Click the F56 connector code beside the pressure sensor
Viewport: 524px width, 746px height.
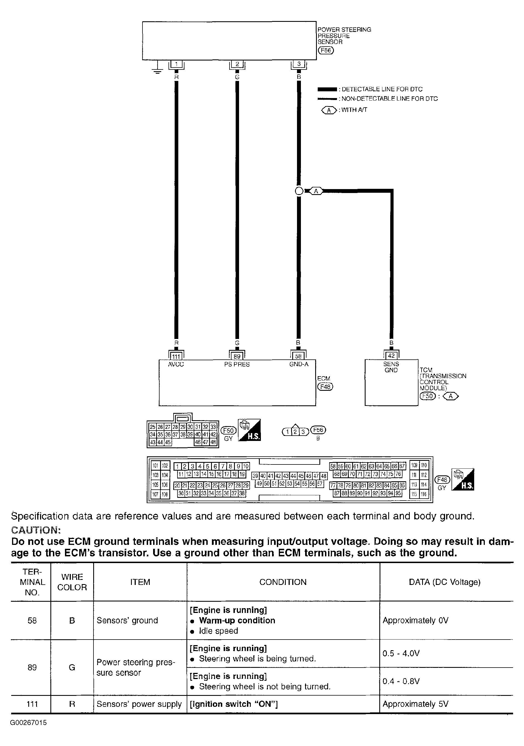click(x=326, y=50)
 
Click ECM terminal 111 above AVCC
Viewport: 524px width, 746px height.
click(x=176, y=356)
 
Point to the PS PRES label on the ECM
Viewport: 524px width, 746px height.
click(x=237, y=364)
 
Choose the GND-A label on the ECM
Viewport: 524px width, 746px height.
click(x=299, y=364)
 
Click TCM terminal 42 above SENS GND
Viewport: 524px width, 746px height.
click(x=391, y=356)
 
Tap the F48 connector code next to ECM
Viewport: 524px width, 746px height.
click(x=325, y=387)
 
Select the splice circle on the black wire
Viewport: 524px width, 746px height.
click(x=299, y=191)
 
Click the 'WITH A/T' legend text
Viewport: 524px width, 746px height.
click(x=354, y=110)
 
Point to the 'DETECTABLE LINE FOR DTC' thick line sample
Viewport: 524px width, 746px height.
click(x=327, y=89)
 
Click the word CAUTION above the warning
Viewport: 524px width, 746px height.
click(x=36, y=530)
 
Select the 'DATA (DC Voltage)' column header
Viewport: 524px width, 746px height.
click(x=445, y=582)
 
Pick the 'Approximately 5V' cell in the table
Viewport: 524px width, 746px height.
click(x=415, y=704)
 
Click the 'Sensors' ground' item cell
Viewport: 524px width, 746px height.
click(x=127, y=620)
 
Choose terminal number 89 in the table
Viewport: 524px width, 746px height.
click(x=32, y=667)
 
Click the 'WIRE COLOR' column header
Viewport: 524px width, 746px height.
click(x=72, y=582)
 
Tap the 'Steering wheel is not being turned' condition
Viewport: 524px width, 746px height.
click(x=265, y=687)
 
